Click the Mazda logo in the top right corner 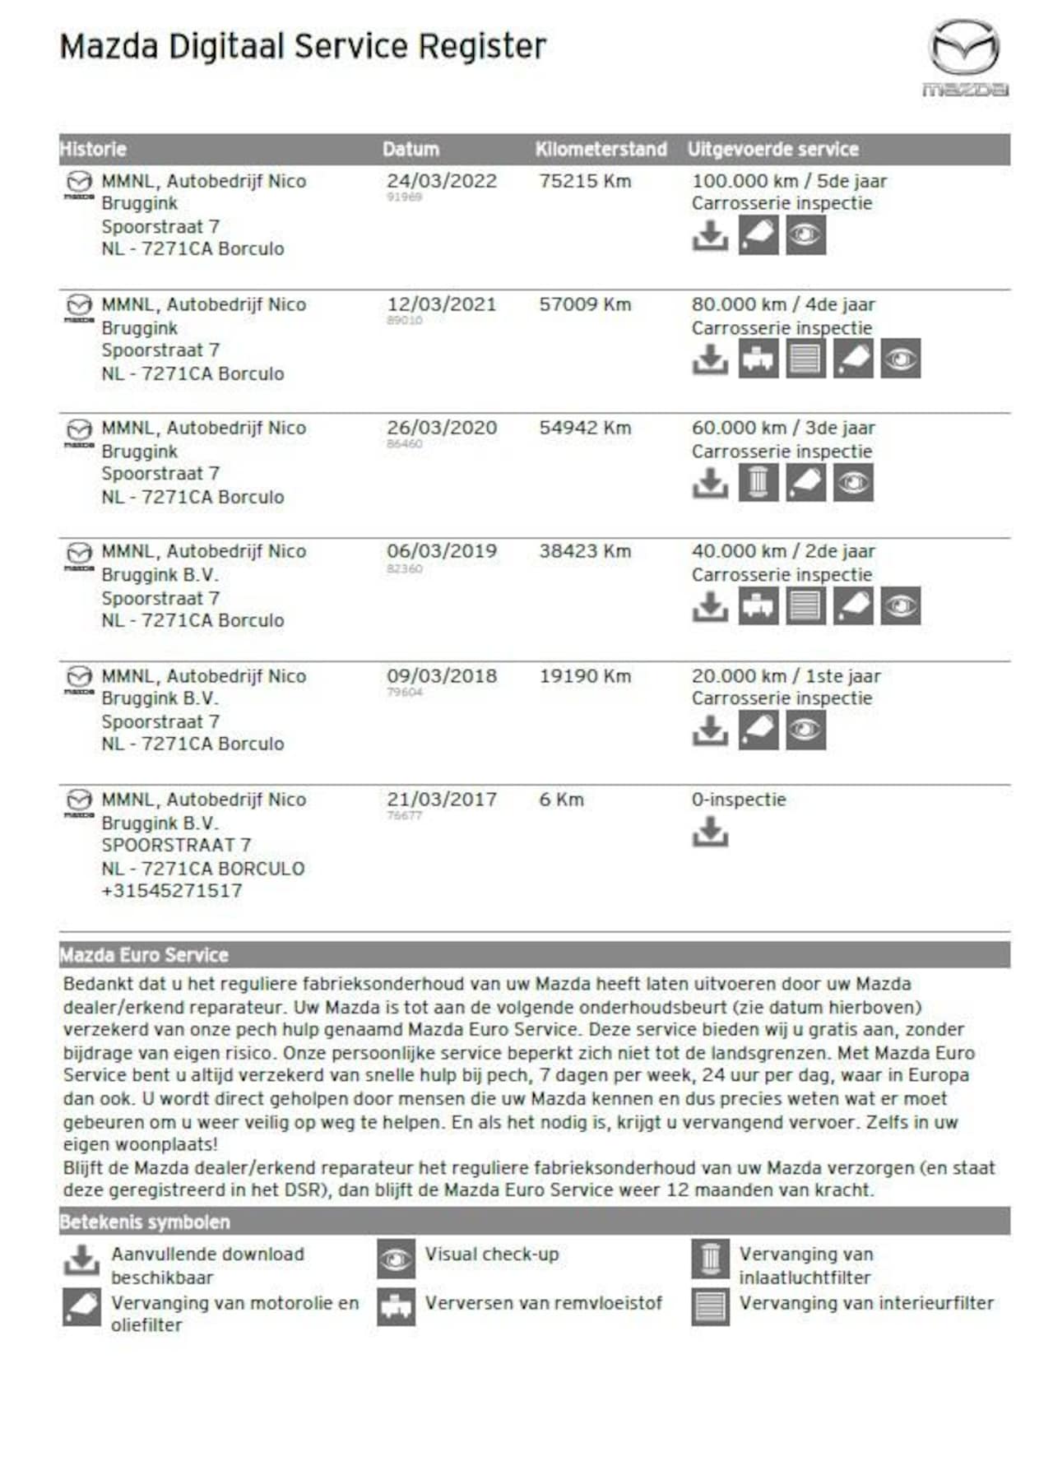coord(964,57)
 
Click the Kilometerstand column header coord(601,150)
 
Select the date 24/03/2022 coord(442,181)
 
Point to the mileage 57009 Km coord(585,304)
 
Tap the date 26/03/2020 coord(442,428)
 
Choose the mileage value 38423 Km coord(585,551)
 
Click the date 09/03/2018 coord(442,676)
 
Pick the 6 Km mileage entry coord(561,800)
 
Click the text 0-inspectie coord(739,800)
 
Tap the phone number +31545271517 coord(172,891)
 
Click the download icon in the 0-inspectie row coord(710,832)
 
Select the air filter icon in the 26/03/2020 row coord(758,483)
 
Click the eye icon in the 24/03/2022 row coord(805,236)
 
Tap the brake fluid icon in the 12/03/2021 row coord(758,359)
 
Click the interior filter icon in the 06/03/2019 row coord(805,606)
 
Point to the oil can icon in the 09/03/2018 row coord(758,730)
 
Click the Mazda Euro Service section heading coord(144,955)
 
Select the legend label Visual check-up coord(491,1254)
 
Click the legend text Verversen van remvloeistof coord(543,1303)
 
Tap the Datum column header coord(411,150)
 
